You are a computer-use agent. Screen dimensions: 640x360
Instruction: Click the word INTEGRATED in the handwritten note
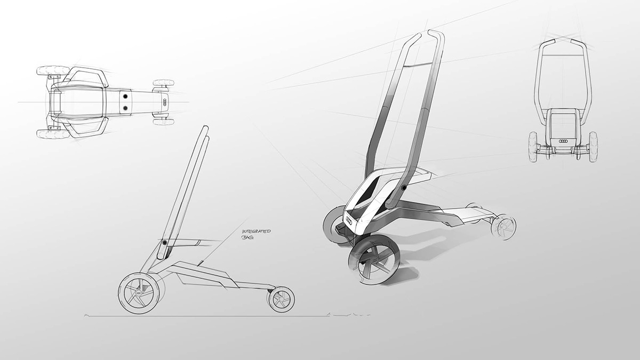[257, 231]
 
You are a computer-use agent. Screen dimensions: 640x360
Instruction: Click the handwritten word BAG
[247, 237]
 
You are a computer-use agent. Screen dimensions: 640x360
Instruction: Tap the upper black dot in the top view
[125, 97]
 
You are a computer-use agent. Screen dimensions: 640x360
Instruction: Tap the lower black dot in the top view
[125, 108]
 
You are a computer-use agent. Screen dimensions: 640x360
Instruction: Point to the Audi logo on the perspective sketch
[350, 219]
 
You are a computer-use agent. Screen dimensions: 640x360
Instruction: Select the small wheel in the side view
[282, 299]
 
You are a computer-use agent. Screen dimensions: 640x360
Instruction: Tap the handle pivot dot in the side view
[165, 242]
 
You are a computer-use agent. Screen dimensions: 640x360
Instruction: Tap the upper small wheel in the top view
[164, 83]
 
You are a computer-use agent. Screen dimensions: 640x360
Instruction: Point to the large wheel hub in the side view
[139, 293]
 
